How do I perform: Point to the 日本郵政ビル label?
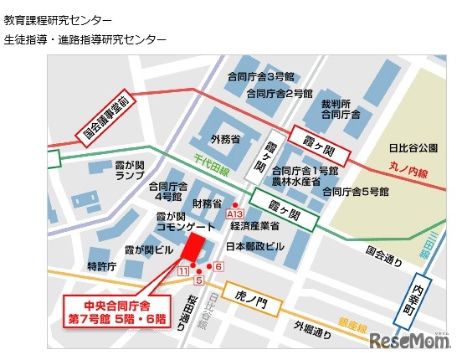pyautogui.click(x=255, y=248)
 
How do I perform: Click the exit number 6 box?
pyautogui.click(x=218, y=266)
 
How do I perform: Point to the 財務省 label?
pyautogui.click(x=206, y=203)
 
